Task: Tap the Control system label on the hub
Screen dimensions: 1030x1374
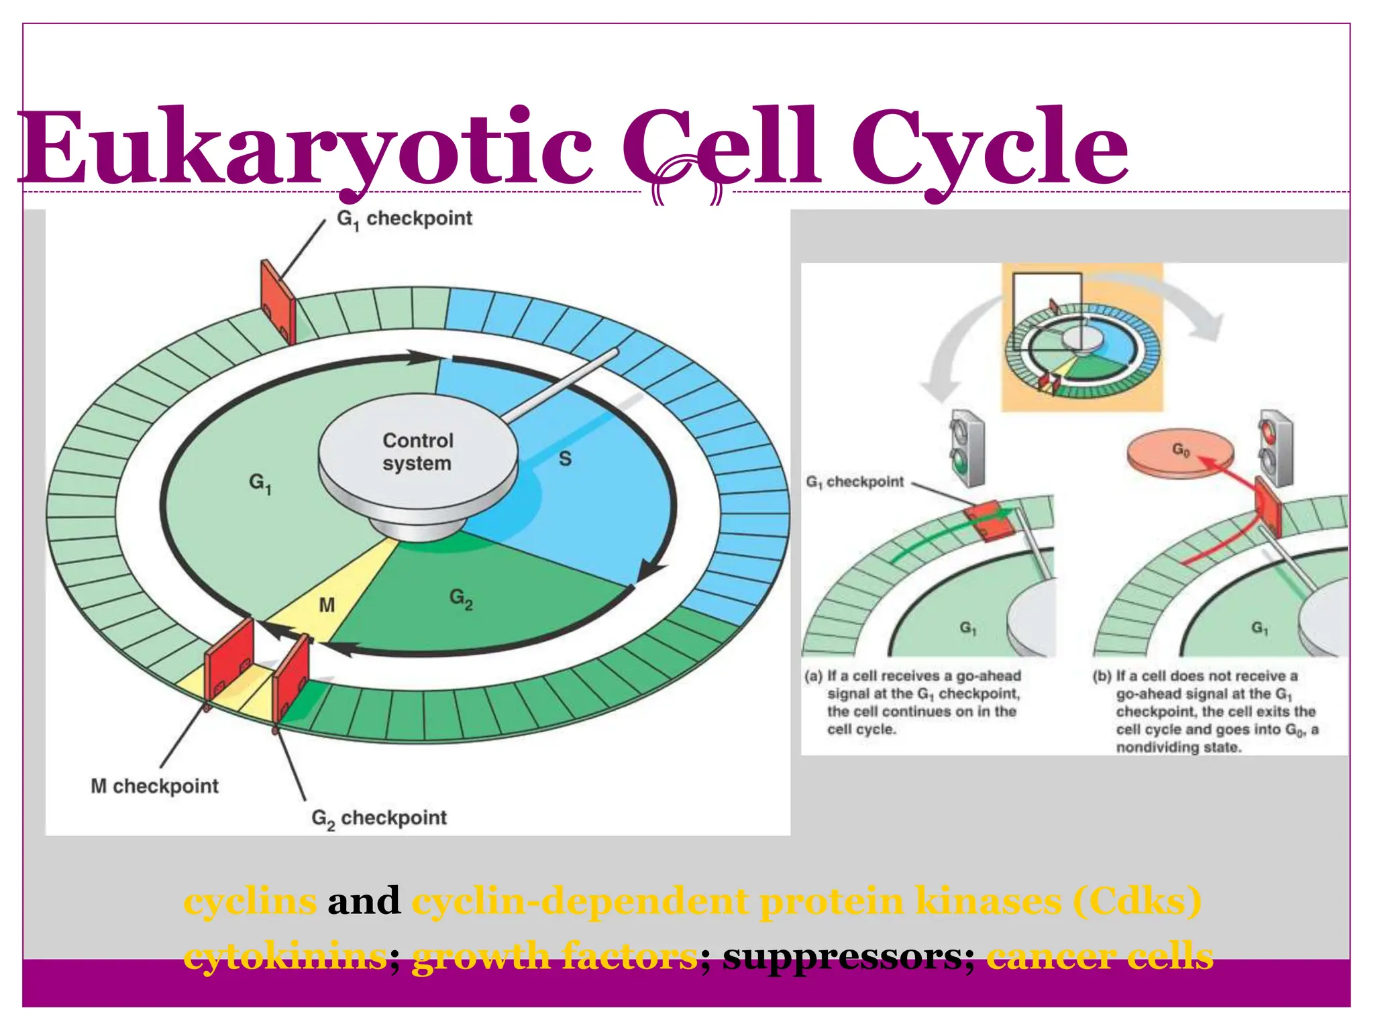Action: pos(417,451)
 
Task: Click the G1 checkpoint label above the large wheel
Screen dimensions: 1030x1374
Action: pos(405,219)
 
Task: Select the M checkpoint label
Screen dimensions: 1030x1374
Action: pos(154,786)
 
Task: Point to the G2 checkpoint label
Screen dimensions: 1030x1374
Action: pos(379,818)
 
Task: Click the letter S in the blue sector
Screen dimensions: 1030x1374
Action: pos(565,459)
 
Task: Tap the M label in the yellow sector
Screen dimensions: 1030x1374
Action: pos(327,606)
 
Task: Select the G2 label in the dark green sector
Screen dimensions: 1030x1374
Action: pos(461,598)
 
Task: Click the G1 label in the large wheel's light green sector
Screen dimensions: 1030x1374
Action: pos(260,483)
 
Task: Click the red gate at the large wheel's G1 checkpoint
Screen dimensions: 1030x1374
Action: pos(278,302)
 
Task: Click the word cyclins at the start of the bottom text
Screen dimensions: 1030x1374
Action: pos(250,901)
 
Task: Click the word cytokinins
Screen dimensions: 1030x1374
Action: pos(284,956)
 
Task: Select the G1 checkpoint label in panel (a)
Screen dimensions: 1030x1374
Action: pos(855,482)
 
